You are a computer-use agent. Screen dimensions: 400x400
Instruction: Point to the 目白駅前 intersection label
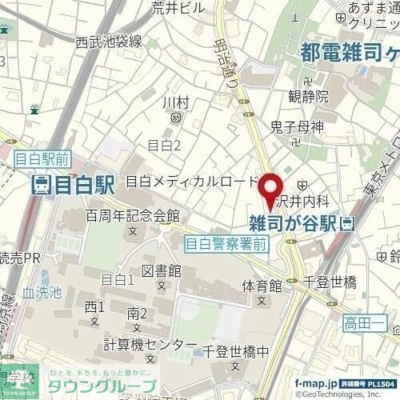click(x=41, y=158)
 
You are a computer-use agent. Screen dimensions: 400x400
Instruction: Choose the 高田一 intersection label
click(x=361, y=324)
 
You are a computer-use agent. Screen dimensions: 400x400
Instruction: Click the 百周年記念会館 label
click(x=133, y=215)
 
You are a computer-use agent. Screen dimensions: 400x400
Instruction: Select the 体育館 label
click(x=262, y=285)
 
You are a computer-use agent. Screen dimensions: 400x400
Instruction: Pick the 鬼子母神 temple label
click(x=297, y=126)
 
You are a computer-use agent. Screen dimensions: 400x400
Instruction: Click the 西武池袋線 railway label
click(x=108, y=42)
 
